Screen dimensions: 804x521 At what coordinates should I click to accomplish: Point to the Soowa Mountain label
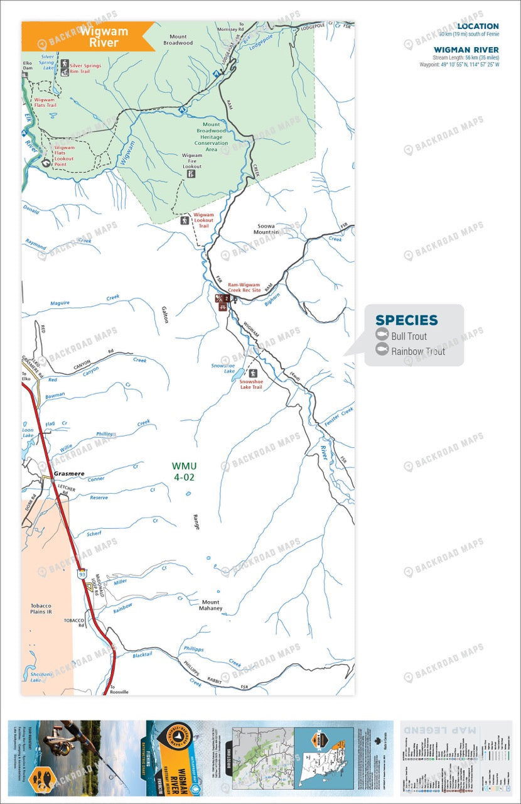[266, 229]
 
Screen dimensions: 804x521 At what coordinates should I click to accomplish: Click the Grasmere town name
[68, 475]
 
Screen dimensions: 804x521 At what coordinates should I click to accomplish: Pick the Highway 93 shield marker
[82, 573]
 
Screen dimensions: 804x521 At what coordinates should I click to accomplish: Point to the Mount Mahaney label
[210, 605]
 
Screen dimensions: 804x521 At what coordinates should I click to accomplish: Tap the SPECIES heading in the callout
[406, 320]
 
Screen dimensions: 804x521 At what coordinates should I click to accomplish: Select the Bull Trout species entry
[409, 336]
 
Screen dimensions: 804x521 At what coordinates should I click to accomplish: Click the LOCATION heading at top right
[478, 26]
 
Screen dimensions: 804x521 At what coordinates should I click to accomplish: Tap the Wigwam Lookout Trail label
[203, 220]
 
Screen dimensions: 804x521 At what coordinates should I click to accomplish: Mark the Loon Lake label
[28, 432]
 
